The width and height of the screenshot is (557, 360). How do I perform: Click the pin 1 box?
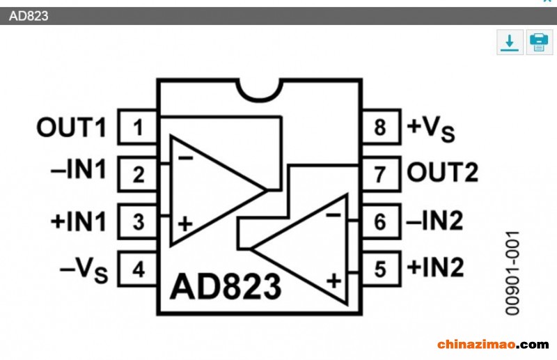coord(137,127)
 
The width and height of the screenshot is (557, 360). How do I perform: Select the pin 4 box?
coord(137,269)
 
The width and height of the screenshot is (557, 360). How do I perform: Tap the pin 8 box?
coord(382,127)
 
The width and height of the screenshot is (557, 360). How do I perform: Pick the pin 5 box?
coord(382,269)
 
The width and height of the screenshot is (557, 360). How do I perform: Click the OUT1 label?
coord(72,127)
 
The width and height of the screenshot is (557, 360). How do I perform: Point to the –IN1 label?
coord(79,169)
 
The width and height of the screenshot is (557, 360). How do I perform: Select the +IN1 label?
coord(79,221)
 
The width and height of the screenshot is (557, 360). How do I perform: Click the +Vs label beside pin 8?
coord(431,128)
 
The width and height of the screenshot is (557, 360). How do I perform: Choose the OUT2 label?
coord(442,173)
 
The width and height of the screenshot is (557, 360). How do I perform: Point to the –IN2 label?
coord(434,220)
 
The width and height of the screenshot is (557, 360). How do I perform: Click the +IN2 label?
coord(436,267)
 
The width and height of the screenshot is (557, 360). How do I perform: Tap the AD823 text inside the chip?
coord(226,286)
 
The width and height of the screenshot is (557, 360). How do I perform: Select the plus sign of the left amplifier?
coord(185,224)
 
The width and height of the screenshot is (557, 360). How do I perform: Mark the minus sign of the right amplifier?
coord(334,215)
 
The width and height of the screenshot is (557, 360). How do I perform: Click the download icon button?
coord(510,42)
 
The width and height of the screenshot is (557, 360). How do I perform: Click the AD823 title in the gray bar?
coord(29,16)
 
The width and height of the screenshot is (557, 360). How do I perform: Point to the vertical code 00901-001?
coord(512,273)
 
